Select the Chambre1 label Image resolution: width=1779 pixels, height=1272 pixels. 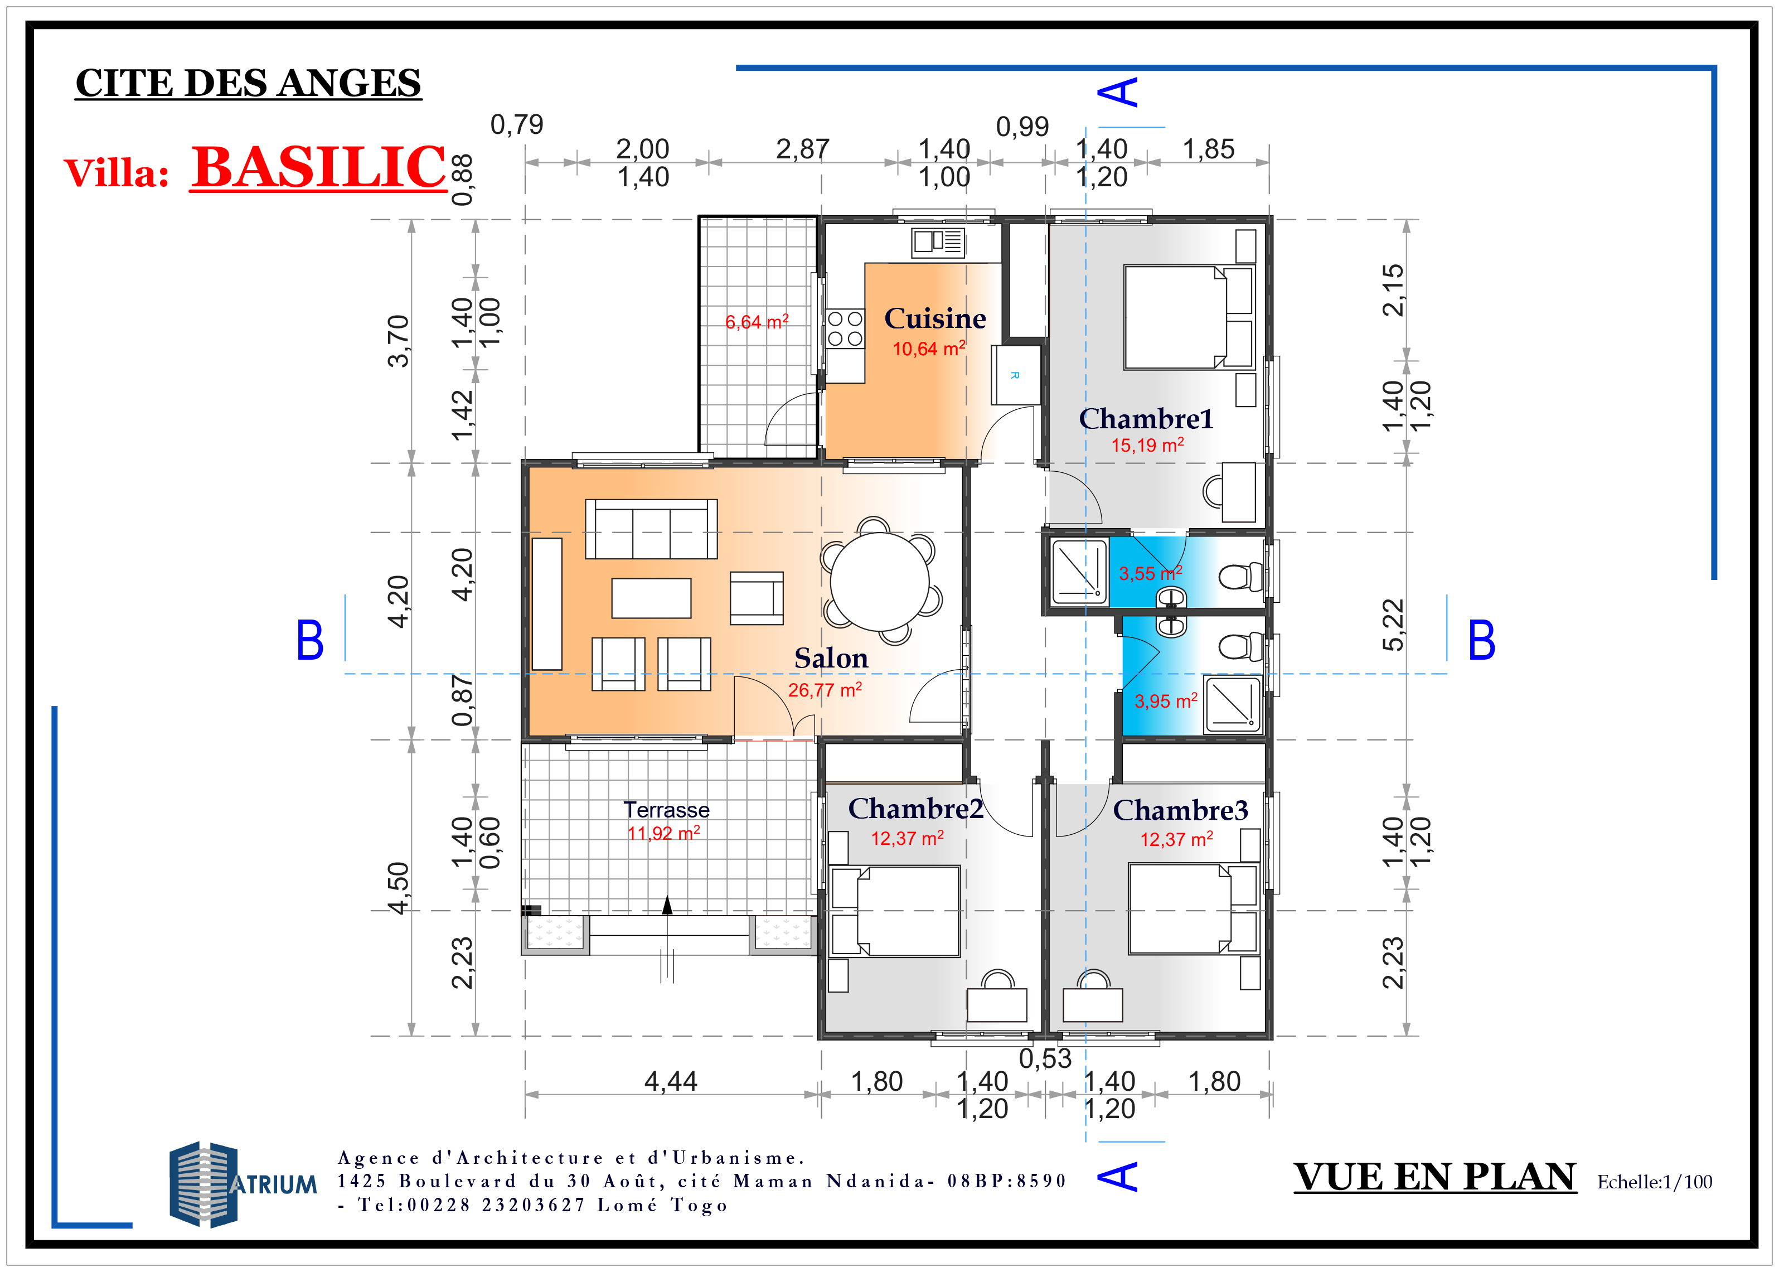coord(1146,418)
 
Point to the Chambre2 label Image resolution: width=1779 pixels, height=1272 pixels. coord(915,809)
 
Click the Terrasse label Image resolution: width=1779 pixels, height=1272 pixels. coord(666,810)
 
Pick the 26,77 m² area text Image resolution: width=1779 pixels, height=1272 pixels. coord(825,689)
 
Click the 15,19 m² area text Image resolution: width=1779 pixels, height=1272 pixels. coord(1147,445)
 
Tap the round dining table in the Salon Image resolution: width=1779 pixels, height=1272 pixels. coord(879,581)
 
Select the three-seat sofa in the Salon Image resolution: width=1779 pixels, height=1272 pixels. coord(651,529)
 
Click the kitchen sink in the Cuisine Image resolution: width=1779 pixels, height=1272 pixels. coord(937,242)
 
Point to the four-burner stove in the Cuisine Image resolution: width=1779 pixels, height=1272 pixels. coord(845,329)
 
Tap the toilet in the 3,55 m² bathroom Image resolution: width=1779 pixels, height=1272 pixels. coord(1241,577)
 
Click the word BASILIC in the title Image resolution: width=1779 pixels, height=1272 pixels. coord(319,167)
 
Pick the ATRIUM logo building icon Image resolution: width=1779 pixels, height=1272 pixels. coord(203,1183)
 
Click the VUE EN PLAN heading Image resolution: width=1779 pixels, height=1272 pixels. coord(1434,1177)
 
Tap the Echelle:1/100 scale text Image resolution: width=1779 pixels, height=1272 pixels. coord(1655,1182)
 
